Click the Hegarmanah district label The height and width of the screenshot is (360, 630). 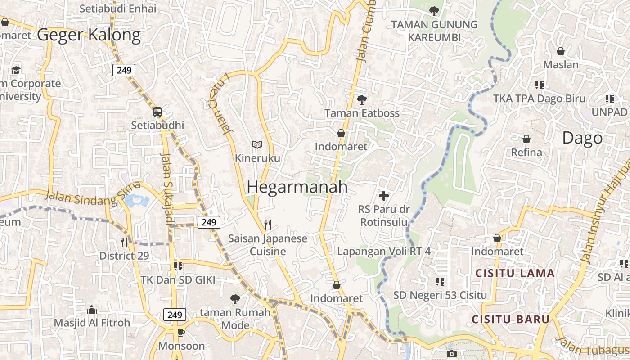tap(297, 187)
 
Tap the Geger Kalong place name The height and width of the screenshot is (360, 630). tap(89, 35)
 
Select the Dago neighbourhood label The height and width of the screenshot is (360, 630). tap(582, 138)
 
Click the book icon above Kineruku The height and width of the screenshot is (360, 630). tap(257, 144)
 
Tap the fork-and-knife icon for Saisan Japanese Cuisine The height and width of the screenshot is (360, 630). tap(268, 225)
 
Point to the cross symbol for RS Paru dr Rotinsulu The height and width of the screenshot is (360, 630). tap(384, 196)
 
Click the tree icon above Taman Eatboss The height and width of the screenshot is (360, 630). tap(361, 99)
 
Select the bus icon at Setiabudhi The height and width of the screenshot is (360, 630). tap(157, 112)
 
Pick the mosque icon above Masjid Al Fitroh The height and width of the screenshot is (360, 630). tap(92, 310)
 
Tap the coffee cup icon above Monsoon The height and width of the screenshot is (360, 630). tap(181, 333)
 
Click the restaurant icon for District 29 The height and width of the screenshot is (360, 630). tap(124, 242)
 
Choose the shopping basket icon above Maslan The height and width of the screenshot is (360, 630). tap(561, 51)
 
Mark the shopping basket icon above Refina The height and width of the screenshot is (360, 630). tap(526, 139)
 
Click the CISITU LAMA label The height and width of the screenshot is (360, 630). tap(515, 273)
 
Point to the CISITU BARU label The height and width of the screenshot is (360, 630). tap(511, 319)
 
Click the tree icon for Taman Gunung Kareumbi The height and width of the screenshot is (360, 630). tap(434, 11)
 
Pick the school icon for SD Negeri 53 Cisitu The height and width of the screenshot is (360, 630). tap(440, 282)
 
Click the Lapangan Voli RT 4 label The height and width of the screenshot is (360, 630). tap(384, 251)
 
